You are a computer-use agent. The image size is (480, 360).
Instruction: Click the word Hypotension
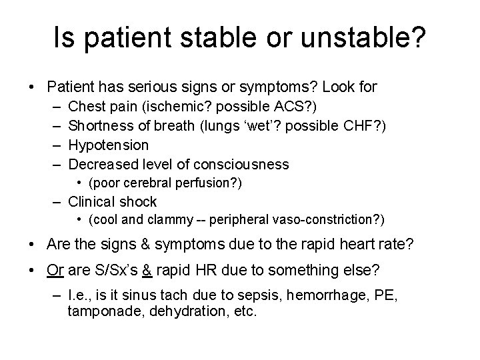click(x=109, y=145)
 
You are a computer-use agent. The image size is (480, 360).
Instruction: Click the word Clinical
click(x=92, y=201)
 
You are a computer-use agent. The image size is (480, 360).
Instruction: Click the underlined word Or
click(x=55, y=271)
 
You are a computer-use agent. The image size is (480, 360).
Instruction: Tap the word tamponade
click(x=105, y=311)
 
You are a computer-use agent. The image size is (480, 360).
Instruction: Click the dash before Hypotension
click(x=53, y=145)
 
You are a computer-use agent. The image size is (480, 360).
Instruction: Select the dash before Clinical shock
click(x=53, y=201)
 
